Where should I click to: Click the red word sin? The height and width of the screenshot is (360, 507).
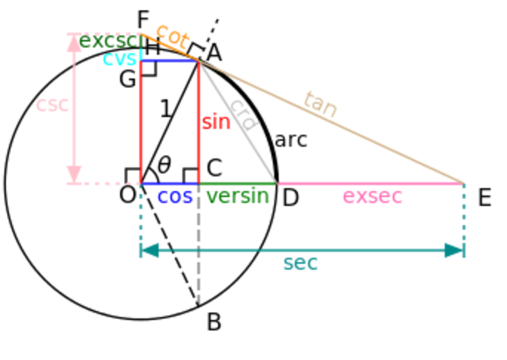(216, 122)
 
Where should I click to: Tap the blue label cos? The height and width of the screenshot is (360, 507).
(175, 197)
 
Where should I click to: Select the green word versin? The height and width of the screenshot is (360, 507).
(237, 196)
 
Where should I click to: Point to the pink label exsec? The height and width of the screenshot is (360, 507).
(372, 196)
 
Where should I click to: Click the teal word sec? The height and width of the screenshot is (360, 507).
(300, 263)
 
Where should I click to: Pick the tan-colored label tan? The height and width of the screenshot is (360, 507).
(320, 104)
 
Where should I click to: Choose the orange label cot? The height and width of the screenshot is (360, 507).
(172, 35)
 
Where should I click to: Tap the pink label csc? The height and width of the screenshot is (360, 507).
(52, 104)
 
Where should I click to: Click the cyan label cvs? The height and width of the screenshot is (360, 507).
(119, 59)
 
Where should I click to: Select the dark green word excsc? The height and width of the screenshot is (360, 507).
(108, 41)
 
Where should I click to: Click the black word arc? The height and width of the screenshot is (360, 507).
(291, 139)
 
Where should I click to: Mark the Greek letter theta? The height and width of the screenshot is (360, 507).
(164, 164)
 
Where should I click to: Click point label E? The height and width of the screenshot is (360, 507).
(484, 198)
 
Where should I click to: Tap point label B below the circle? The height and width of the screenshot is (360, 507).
(213, 322)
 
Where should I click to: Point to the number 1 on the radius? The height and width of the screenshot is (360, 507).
(165, 110)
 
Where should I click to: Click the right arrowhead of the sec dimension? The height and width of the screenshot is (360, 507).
(455, 250)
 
